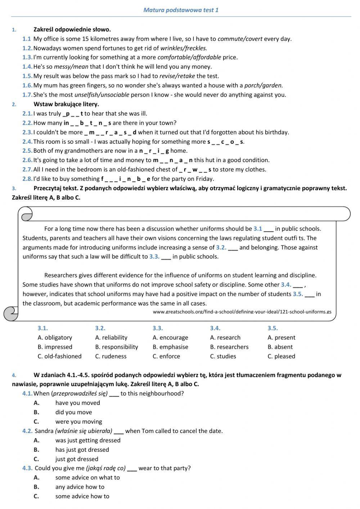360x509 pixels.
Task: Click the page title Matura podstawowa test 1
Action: pyautogui.click(x=181, y=10)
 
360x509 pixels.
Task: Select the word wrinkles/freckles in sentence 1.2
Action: pyautogui.click(x=184, y=48)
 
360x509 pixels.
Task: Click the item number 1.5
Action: pyautogui.click(x=27, y=76)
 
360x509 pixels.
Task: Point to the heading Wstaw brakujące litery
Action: pyautogui.click(x=66, y=104)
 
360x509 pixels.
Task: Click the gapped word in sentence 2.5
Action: pyautogui.click(x=154, y=151)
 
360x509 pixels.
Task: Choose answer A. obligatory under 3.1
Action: pyautogui.click(x=55, y=338)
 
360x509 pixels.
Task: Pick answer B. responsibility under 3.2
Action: pyautogui.click(x=117, y=347)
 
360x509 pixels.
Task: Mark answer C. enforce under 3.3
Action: pyautogui.click(x=166, y=356)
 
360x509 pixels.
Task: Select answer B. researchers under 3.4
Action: pyautogui.click(x=229, y=347)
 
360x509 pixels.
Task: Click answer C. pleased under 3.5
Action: pyautogui.click(x=281, y=356)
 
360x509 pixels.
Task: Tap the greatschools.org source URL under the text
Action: pyautogui.click(x=242, y=312)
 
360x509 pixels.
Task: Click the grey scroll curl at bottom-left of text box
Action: pyautogui.click(x=11, y=313)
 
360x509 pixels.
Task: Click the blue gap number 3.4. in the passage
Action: pyautogui.click(x=286, y=285)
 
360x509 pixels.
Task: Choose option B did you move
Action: pyautogui.click(x=73, y=412)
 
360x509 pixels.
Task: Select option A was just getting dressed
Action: pyautogui.click(x=88, y=440)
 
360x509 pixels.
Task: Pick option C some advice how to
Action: pyautogui.click(x=82, y=496)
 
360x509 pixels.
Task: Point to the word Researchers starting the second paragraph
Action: pyautogui.click(x=61, y=275)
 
